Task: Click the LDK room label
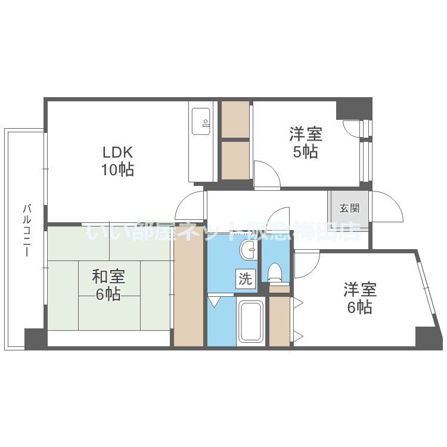tap(117, 151)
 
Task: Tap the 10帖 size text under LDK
tap(117, 170)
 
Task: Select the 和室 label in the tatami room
tap(108, 276)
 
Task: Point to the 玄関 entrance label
tap(349, 208)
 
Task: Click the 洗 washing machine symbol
tap(246, 278)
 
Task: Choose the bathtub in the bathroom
tap(250, 322)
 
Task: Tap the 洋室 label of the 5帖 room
tap(305, 133)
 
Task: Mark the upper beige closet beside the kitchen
tap(235, 119)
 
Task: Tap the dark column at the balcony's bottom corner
tap(35, 339)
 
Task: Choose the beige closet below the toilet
tap(279, 320)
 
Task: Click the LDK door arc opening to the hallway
tap(190, 206)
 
